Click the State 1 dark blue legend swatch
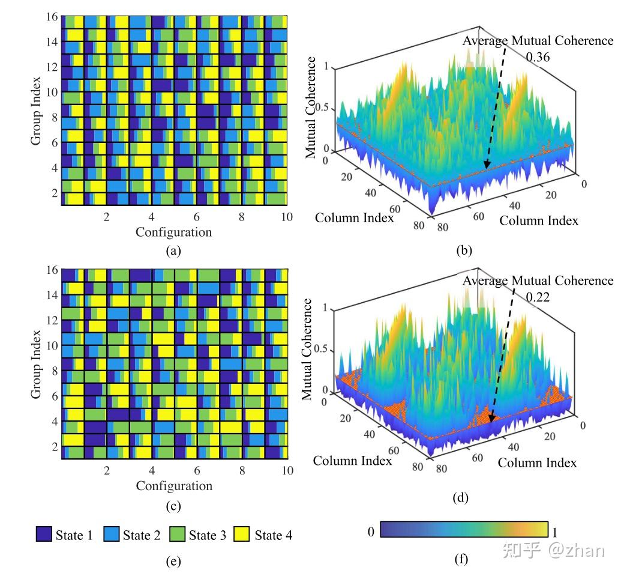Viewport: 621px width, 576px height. [x=44, y=535]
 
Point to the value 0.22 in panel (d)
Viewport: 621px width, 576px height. [x=538, y=296]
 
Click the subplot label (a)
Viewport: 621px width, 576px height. [x=173, y=251]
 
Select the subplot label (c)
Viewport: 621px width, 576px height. [x=173, y=506]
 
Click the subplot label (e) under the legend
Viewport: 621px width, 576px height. [x=173, y=562]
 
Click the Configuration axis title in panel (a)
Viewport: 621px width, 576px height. [x=173, y=232]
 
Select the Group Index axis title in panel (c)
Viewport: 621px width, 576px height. [x=37, y=364]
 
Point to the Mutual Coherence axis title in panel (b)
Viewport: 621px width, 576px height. [x=311, y=108]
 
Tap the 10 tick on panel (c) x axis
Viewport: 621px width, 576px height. [x=287, y=470]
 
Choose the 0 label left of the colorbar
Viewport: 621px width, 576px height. [x=371, y=532]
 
